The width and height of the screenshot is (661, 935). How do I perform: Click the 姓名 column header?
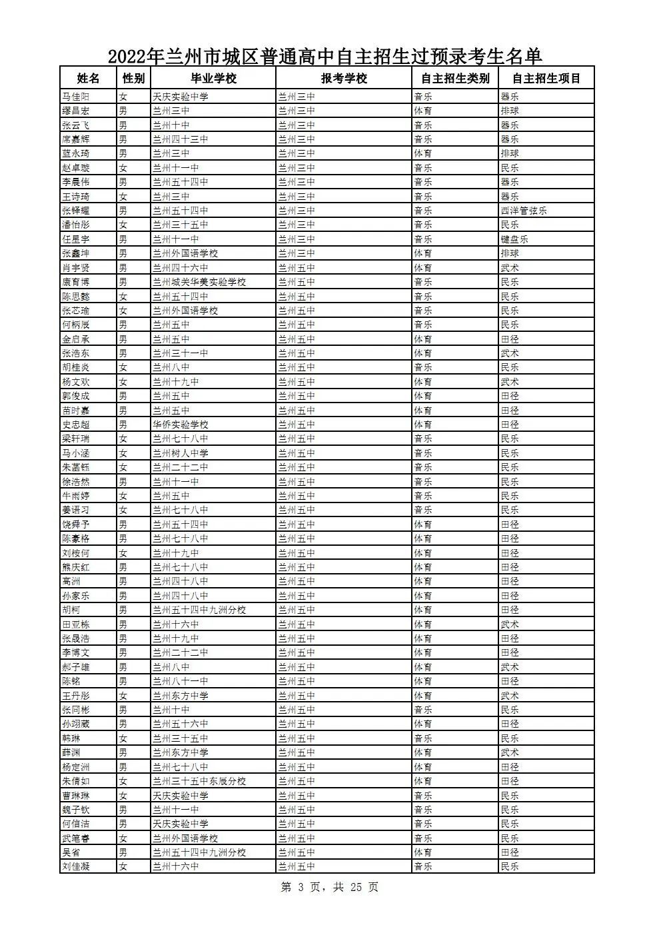(88, 78)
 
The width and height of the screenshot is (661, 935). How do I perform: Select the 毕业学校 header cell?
(213, 78)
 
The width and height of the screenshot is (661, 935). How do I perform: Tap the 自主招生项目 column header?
(546, 78)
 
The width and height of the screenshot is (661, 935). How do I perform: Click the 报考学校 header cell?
(344, 78)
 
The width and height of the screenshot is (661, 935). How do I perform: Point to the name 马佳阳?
(76, 97)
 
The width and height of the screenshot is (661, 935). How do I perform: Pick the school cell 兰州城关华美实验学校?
(199, 282)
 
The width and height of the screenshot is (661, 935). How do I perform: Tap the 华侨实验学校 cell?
(181, 425)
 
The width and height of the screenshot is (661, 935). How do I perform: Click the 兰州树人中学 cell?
(181, 453)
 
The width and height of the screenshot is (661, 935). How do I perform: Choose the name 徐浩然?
(76, 482)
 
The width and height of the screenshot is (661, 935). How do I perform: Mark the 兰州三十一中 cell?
(181, 353)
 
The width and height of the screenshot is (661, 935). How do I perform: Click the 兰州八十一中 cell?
(181, 681)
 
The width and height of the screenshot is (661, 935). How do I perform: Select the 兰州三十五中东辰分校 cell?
(199, 781)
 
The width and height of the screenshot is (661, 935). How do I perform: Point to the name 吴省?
(71, 852)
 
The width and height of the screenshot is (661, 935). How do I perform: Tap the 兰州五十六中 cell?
(181, 724)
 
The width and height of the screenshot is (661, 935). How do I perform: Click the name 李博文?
(76, 652)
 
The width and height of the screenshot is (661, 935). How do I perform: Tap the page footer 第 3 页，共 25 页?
(330, 887)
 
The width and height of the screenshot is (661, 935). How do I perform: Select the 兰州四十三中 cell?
(181, 139)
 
